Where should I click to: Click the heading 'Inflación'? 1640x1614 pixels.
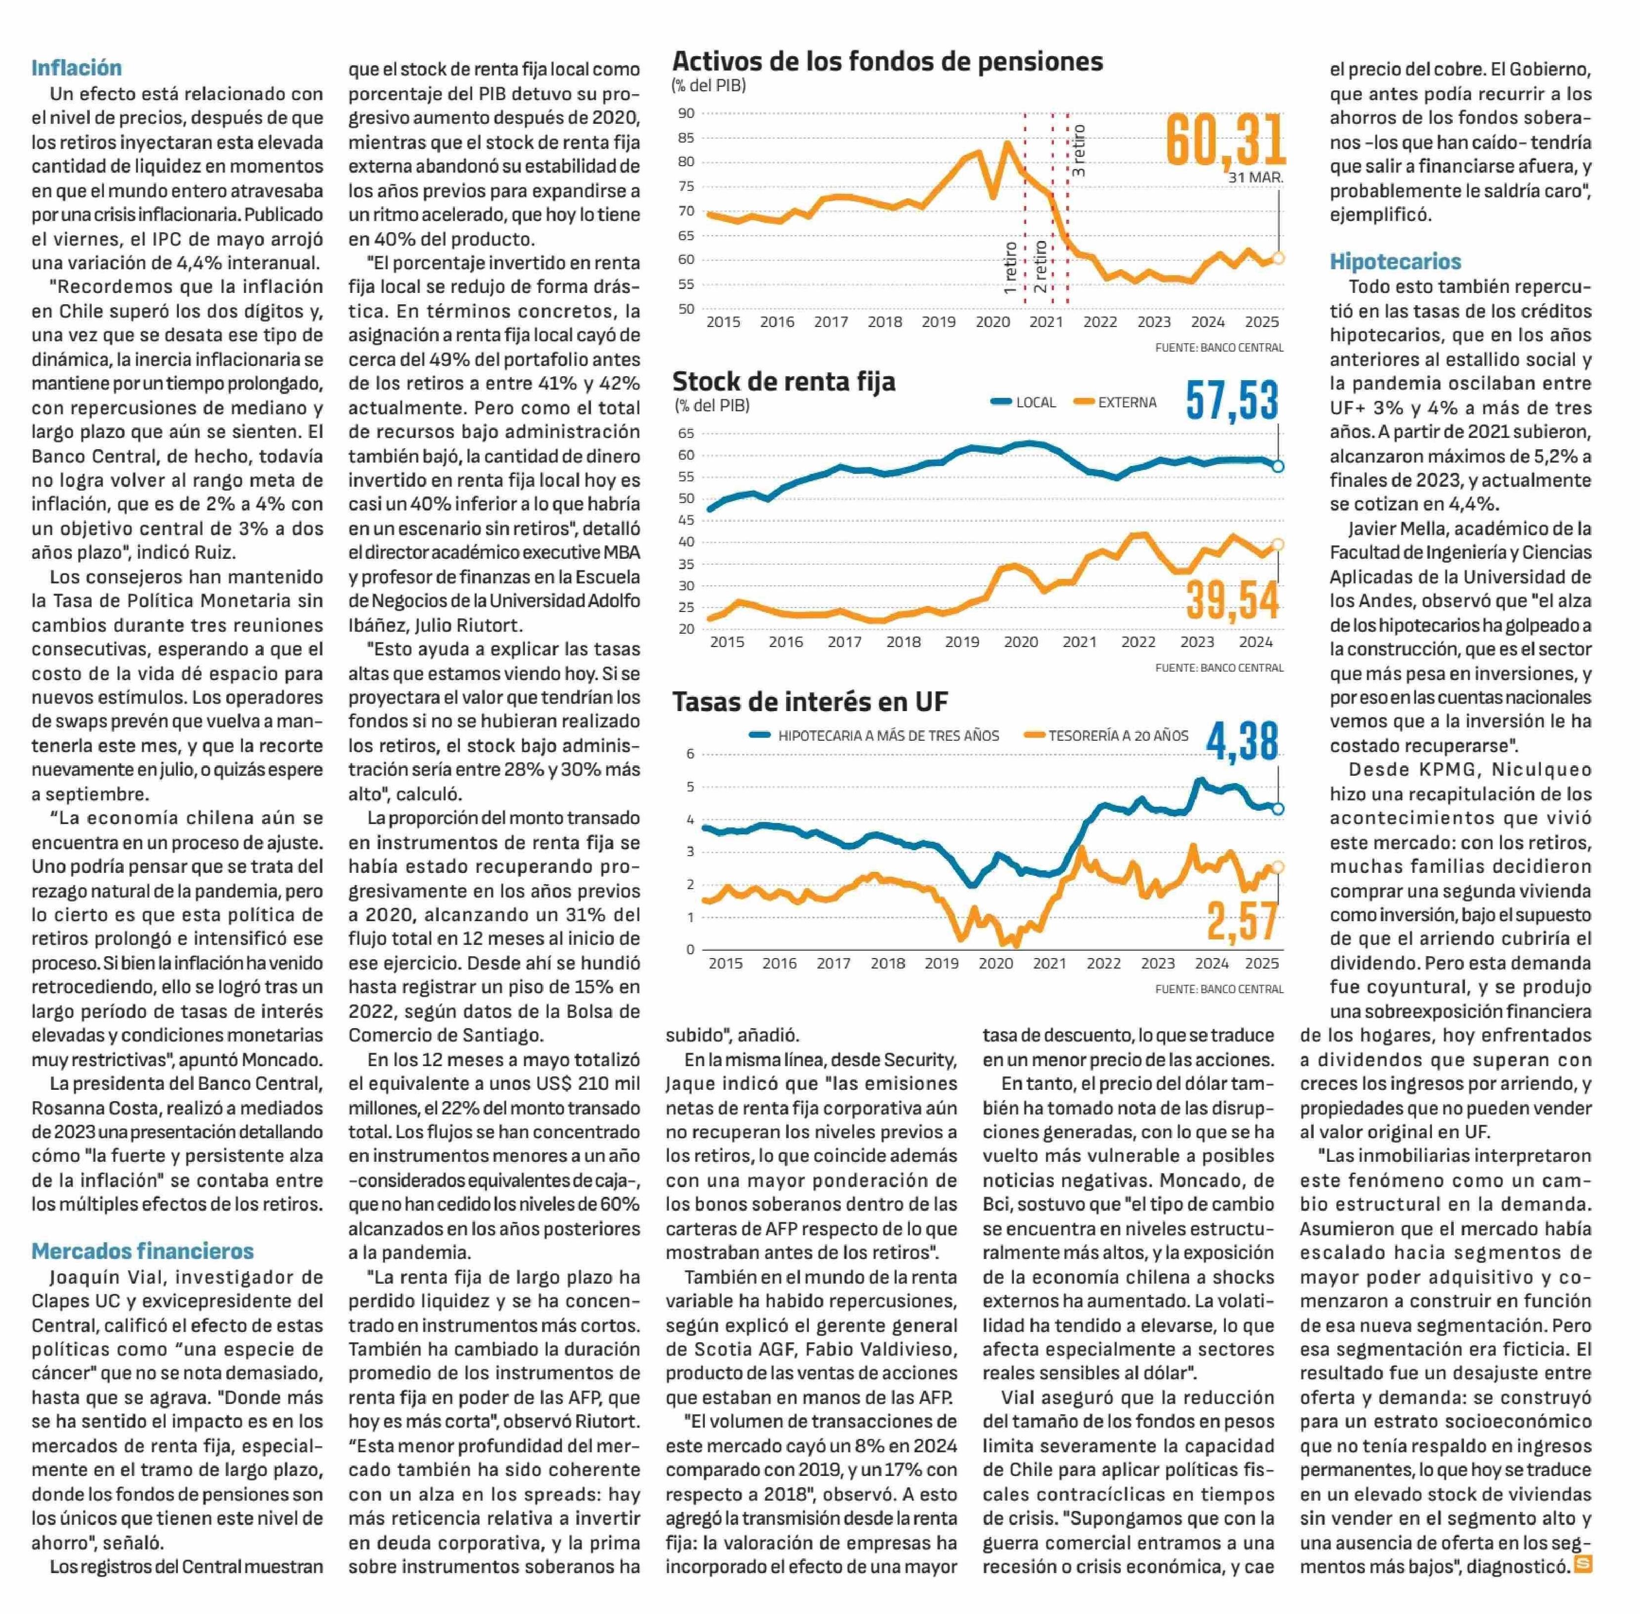pos(76,68)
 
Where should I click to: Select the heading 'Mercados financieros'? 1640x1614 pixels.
pos(142,1251)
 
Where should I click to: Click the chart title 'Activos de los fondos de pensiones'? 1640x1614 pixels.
pos(887,62)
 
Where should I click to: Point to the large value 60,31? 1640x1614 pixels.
pos(1225,140)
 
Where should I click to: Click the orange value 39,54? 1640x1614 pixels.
pos(1231,600)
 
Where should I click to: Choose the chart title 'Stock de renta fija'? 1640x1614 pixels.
pos(783,382)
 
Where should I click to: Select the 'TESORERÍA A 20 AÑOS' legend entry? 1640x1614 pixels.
pos(1107,736)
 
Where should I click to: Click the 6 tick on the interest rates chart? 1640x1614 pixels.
pos(690,753)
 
